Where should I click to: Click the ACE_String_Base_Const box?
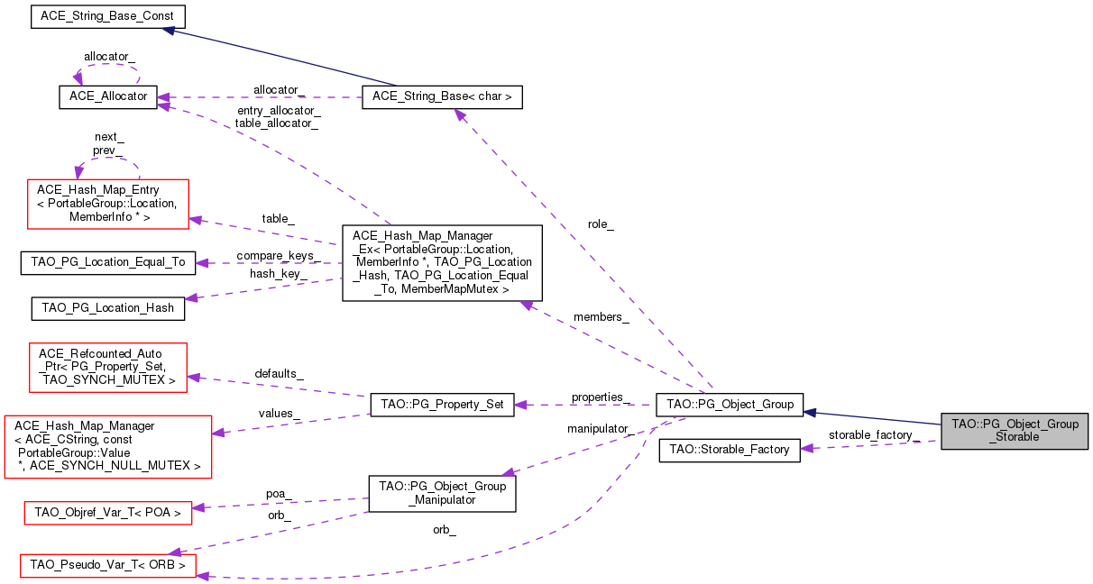pos(108,16)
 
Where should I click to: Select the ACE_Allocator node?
pos(108,97)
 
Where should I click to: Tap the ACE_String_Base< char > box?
pos(442,97)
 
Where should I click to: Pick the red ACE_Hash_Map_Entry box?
pos(108,205)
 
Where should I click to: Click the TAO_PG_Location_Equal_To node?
pos(108,263)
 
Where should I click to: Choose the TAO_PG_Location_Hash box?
pos(108,308)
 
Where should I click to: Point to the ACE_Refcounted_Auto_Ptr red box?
pos(108,368)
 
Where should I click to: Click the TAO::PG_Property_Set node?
pos(442,405)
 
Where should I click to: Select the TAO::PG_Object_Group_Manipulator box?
pos(442,494)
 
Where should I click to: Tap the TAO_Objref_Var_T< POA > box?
pos(108,514)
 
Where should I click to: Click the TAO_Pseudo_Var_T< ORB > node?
pos(108,566)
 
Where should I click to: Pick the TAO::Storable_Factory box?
pos(730,451)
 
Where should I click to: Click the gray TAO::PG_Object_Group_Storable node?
pos(1015,432)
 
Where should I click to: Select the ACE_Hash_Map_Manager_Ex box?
pos(442,263)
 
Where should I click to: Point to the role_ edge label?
pos(601,224)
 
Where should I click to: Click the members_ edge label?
pos(602,317)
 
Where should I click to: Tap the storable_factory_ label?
pos(874,434)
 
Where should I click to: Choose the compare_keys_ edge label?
pos(278,256)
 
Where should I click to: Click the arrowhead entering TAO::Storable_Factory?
pos(806,448)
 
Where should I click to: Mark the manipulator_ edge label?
pos(601,429)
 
